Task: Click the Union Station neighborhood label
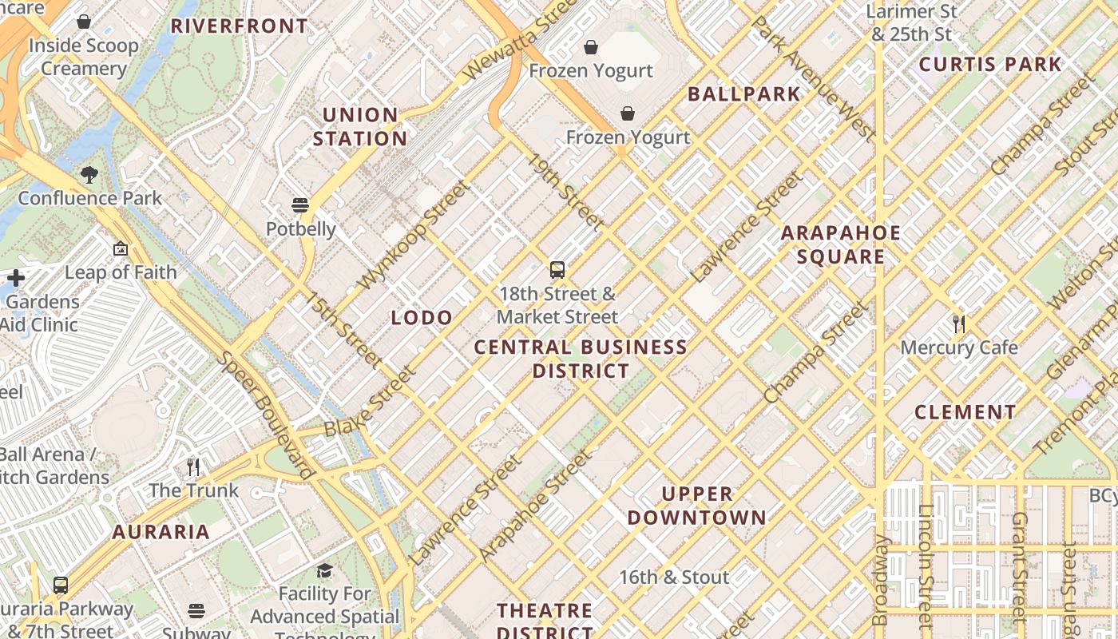(359, 127)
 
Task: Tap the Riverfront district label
(240, 26)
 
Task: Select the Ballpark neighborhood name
(743, 94)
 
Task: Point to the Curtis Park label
(990, 65)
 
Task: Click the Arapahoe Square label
(840, 245)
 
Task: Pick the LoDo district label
(422, 318)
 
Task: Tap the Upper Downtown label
(696, 506)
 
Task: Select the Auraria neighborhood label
(161, 532)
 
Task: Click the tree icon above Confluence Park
(89, 175)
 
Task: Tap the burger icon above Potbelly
(300, 205)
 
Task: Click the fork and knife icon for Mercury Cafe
(959, 324)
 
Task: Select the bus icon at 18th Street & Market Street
(557, 270)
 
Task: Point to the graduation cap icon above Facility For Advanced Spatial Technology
(324, 570)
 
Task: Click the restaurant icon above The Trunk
(192, 466)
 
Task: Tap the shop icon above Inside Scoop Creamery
(84, 22)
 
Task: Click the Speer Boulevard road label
(264, 415)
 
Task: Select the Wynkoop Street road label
(414, 236)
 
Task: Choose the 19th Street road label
(564, 191)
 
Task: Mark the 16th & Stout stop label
(674, 577)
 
